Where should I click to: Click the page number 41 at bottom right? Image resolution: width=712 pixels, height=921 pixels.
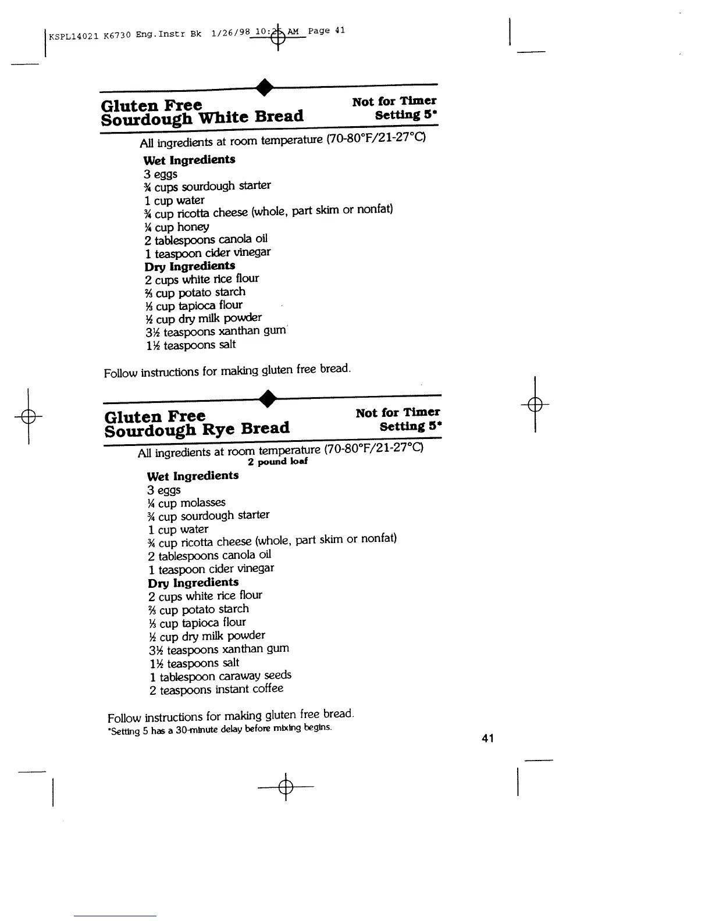point(487,738)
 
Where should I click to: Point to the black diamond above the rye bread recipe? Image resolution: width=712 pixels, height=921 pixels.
point(268,398)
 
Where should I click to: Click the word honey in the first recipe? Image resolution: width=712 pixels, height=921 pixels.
point(193,227)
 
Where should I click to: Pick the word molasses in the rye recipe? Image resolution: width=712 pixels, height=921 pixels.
point(202,502)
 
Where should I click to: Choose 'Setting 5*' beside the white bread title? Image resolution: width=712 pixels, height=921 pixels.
point(405,115)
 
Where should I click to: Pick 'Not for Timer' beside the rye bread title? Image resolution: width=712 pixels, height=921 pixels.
point(398,413)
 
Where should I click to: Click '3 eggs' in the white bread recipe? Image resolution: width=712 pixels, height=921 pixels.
point(161,174)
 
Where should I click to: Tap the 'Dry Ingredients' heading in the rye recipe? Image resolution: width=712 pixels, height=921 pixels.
point(193,582)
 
